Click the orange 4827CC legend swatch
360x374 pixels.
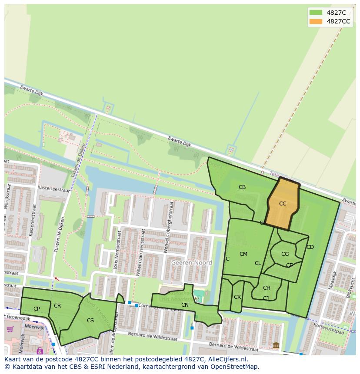pyautogui.click(x=316, y=21)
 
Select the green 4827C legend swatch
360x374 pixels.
pyautogui.click(x=316, y=13)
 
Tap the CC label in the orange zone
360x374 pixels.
pyautogui.click(x=283, y=203)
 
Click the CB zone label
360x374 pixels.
pyautogui.click(x=242, y=187)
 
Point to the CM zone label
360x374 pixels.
pyautogui.click(x=243, y=254)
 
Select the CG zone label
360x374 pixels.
pyautogui.click(x=285, y=254)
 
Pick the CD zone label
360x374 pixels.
pyautogui.click(x=310, y=247)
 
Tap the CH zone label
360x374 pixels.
pyautogui.click(x=267, y=288)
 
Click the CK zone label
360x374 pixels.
pyautogui.click(x=237, y=297)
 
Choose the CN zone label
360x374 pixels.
pyautogui.click(x=185, y=305)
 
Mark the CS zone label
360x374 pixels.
pyautogui.click(x=90, y=321)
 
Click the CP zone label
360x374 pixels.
pyautogui.click(x=37, y=309)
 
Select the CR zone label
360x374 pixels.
pyautogui.click(x=57, y=306)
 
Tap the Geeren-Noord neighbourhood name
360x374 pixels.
pyautogui.click(x=191, y=263)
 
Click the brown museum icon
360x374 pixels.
pyautogui.click(x=276, y=345)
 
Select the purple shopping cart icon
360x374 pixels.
pyautogui.click(x=10, y=329)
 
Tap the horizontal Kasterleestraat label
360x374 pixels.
pyautogui.click(x=53, y=190)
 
